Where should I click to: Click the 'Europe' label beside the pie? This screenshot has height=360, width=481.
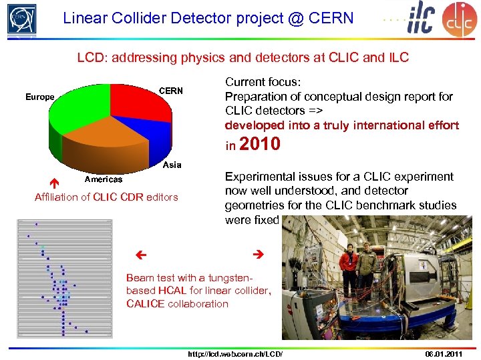[39, 97]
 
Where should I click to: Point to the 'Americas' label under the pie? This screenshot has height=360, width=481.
[103, 179]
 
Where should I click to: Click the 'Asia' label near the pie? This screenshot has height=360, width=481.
[172, 165]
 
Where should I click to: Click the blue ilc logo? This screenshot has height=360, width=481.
[423, 18]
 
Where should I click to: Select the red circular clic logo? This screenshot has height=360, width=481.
[460, 19]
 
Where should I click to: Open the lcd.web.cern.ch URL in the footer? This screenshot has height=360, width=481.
[235, 353]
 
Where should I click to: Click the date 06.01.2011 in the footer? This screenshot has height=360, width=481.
[444, 353]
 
